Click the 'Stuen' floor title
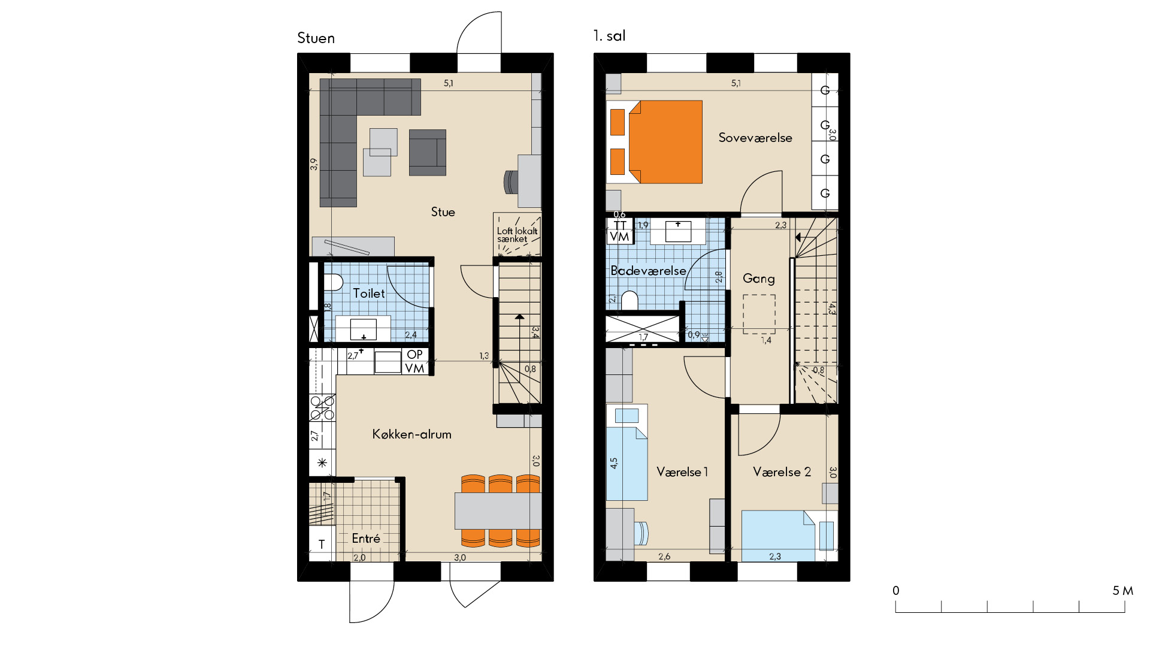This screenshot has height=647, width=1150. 316,38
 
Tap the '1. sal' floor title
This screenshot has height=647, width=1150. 609,36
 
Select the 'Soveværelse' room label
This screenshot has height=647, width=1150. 755,138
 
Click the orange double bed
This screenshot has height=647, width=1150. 665,142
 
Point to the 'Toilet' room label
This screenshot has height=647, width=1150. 369,294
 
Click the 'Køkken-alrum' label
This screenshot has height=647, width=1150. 412,434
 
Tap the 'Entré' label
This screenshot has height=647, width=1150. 366,539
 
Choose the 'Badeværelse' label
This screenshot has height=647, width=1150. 648,271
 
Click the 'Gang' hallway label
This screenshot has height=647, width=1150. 759,279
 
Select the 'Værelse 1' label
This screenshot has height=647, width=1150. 682,472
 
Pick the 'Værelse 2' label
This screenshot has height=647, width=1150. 782,472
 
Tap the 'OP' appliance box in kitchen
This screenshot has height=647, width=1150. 414,355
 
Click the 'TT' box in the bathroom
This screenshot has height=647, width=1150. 620,225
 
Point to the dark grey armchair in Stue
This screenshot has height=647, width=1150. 428,152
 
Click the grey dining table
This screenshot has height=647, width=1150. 498,510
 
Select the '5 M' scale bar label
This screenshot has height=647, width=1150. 1123,591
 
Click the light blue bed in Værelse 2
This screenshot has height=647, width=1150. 779,536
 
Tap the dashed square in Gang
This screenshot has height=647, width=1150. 759,314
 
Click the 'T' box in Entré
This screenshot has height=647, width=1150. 322,544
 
